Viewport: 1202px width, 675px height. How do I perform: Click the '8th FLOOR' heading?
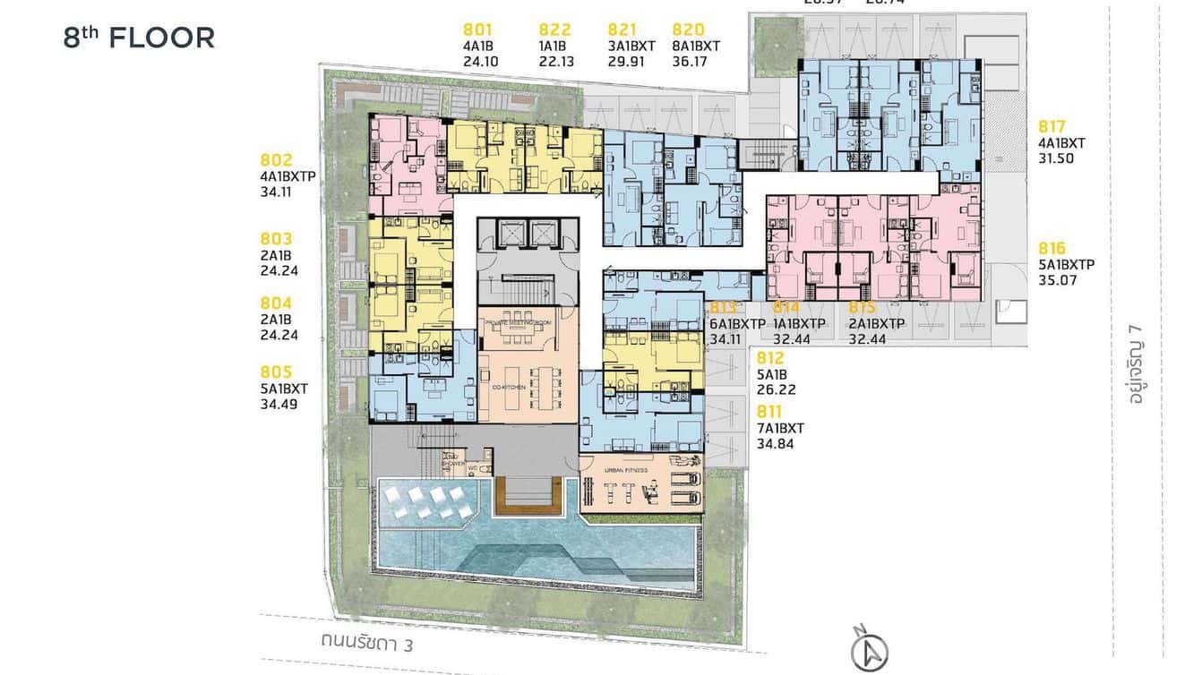tap(139, 38)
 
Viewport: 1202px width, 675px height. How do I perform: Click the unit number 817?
tap(1053, 126)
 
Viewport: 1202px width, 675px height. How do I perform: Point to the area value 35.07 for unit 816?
tap(1058, 280)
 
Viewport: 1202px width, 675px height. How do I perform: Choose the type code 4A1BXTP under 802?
tap(288, 176)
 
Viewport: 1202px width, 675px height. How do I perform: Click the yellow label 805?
tap(276, 372)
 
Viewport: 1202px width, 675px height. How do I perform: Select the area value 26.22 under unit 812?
tap(776, 389)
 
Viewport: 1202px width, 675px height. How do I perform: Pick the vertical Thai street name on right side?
tap(1138, 367)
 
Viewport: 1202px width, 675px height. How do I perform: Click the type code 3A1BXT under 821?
tap(631, 47)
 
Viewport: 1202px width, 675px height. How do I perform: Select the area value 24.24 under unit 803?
tap(279, 270)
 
